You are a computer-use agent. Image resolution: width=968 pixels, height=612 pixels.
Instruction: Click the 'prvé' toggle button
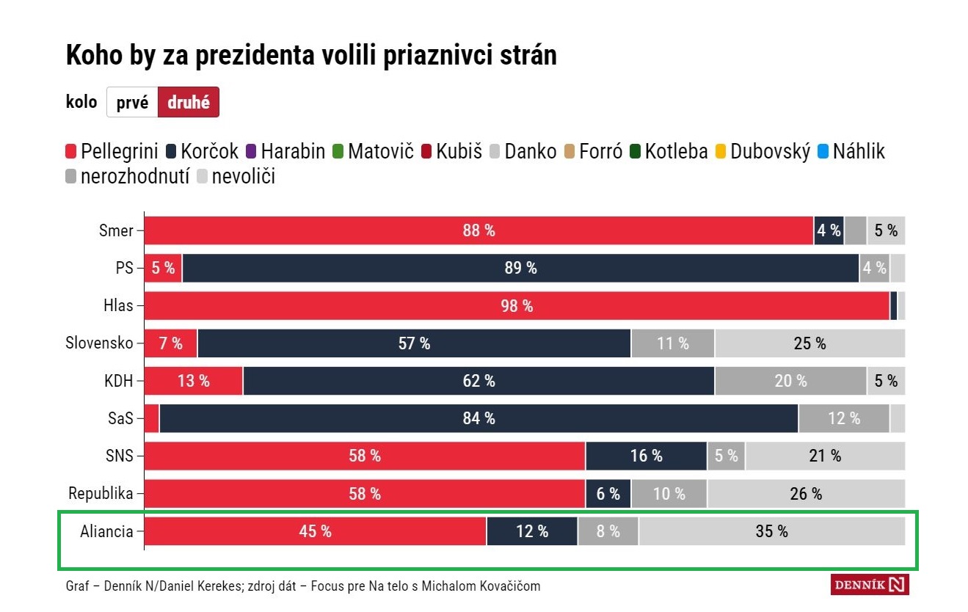(132, 103)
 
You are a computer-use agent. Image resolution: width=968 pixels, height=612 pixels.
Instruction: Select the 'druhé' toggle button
(189, 103)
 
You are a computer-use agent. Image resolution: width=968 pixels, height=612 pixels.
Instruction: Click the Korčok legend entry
(204, 152)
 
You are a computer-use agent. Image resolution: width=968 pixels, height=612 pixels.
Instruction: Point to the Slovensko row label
(100, 343)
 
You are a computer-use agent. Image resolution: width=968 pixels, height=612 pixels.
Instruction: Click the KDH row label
(119, 381)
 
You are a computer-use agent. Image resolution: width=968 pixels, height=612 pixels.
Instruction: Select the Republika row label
(101, 493)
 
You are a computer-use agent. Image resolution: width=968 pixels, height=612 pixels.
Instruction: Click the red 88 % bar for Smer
(478, 230)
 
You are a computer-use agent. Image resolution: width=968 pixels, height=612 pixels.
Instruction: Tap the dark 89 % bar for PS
(520, 268)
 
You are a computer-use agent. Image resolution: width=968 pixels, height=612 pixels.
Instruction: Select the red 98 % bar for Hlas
(517, 306)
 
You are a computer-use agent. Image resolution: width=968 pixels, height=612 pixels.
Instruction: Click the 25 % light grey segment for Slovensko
(809, 343)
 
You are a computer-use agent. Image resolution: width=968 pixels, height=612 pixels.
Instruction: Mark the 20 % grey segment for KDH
(790, 381)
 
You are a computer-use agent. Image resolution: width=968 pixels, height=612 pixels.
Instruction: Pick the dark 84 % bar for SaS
(478, 418)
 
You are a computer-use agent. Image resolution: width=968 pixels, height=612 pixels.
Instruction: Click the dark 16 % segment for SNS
(646, 456)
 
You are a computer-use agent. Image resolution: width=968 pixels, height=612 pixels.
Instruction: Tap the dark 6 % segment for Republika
(608, 494)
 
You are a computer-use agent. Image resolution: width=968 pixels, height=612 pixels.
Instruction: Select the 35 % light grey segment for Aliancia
(771, 531)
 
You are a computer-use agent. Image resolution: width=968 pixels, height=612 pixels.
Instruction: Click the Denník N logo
(870, 585)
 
